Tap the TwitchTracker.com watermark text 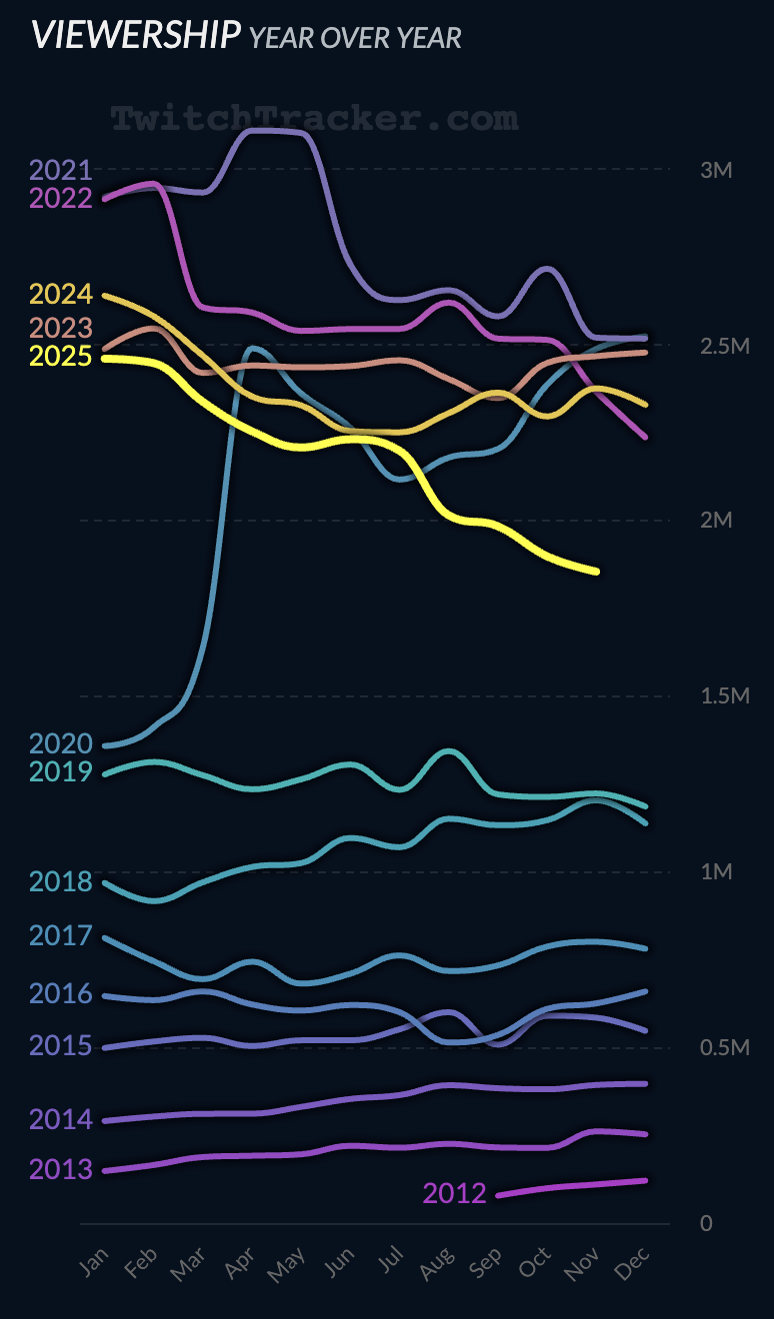[x=314, y=119]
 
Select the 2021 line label [x=61, y=170]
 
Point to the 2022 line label [x=61, y=198]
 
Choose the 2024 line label [x=61, y=295]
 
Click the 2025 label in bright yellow [x=61, y=356]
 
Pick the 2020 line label [x=61, y=743]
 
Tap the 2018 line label [x=61, y=881]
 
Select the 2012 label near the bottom [x=454, y=1193]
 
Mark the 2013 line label [x=61, y=1168]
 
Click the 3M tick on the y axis [x=716, y=170]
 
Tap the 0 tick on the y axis [x=706, y=1223]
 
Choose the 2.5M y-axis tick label [x=723, y=346]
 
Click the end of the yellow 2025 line [x=597, y=572]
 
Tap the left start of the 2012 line [x=498, y=1195]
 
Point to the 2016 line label [x=61, y=994]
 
